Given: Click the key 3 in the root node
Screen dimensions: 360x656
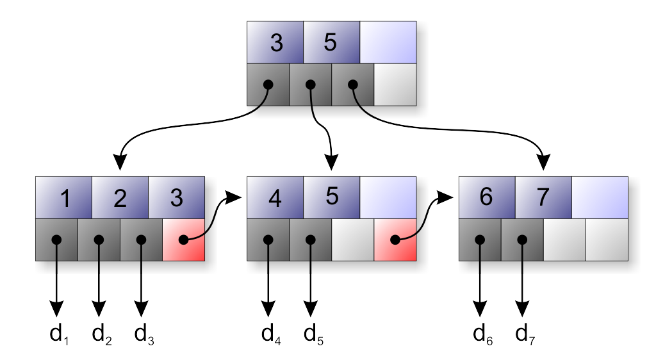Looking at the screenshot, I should pyautogui.click(x=275, y=42).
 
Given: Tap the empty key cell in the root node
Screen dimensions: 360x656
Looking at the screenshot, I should pyautogui.click(x=388, y=42).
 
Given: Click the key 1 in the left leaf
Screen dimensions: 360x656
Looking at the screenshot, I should pyautogui.click(x=64, y=197).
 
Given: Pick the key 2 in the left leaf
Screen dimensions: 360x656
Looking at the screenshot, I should pyautogui.click(x=120, y=197).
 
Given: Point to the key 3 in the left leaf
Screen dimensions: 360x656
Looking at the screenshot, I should pyautogui.click(x=177, y=197).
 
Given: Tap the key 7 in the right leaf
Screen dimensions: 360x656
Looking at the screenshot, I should pyautogui.click(x=543, y=197).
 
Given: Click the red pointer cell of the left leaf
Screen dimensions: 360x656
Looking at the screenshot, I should pyautogui.click(x=184, y=240).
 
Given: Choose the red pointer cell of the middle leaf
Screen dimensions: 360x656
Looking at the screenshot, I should pyautogui.click(x=395, y=240).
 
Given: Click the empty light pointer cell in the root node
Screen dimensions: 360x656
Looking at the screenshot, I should pyautogui.click(x=395, y=85).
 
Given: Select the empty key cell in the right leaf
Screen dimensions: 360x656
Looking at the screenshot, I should pyautogui.click(x=600, y=197).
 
